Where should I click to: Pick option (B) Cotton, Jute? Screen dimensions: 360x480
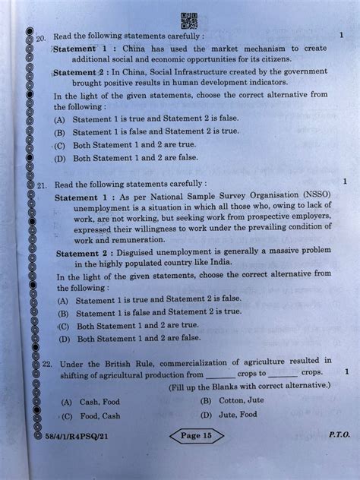tap(232, 400)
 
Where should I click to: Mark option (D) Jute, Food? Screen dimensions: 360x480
tap(229, 415)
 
